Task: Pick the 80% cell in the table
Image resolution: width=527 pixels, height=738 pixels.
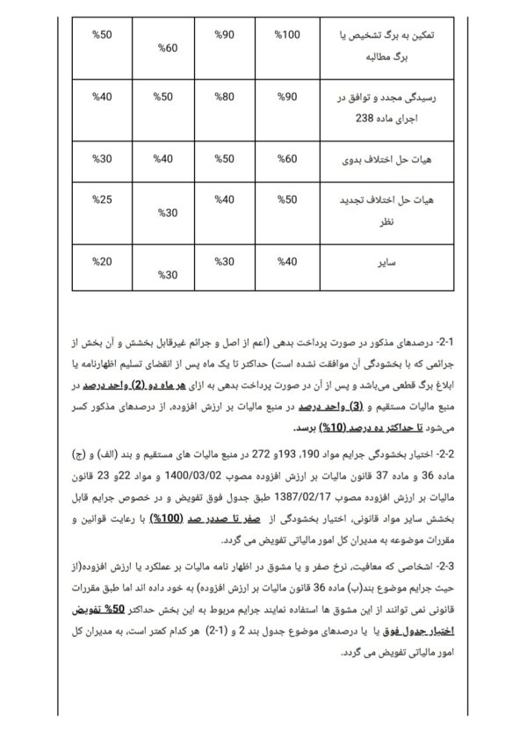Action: tap(225, 96)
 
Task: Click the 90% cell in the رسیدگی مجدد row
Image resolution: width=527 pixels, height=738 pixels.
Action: tap(288, 96)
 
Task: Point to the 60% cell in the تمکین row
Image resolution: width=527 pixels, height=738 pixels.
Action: tap(167, 47)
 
